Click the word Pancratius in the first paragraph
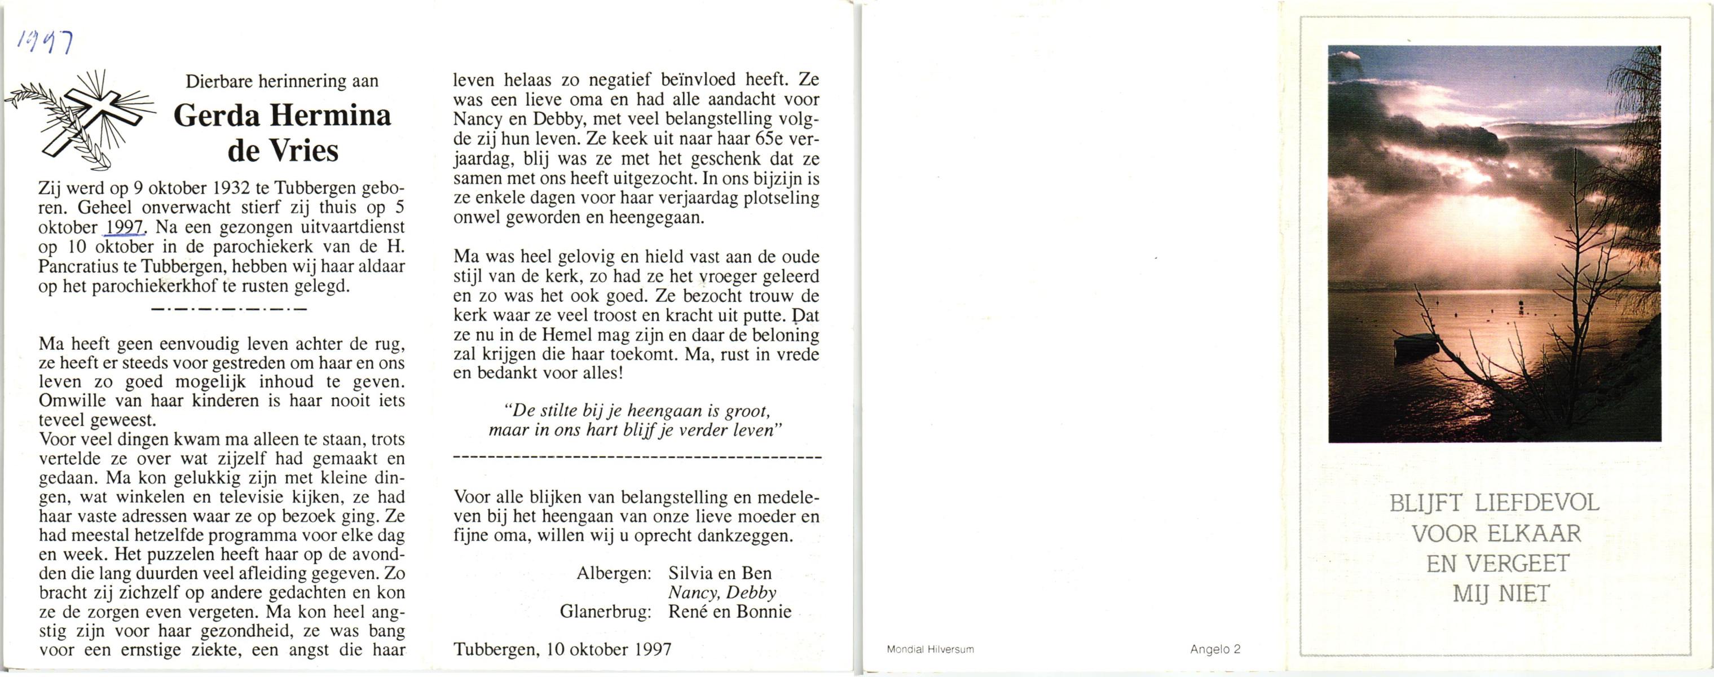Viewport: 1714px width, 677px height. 75,267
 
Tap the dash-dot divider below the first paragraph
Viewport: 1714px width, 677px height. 229,309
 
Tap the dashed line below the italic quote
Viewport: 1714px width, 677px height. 637,458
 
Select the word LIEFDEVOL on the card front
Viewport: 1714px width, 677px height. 1536,503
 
